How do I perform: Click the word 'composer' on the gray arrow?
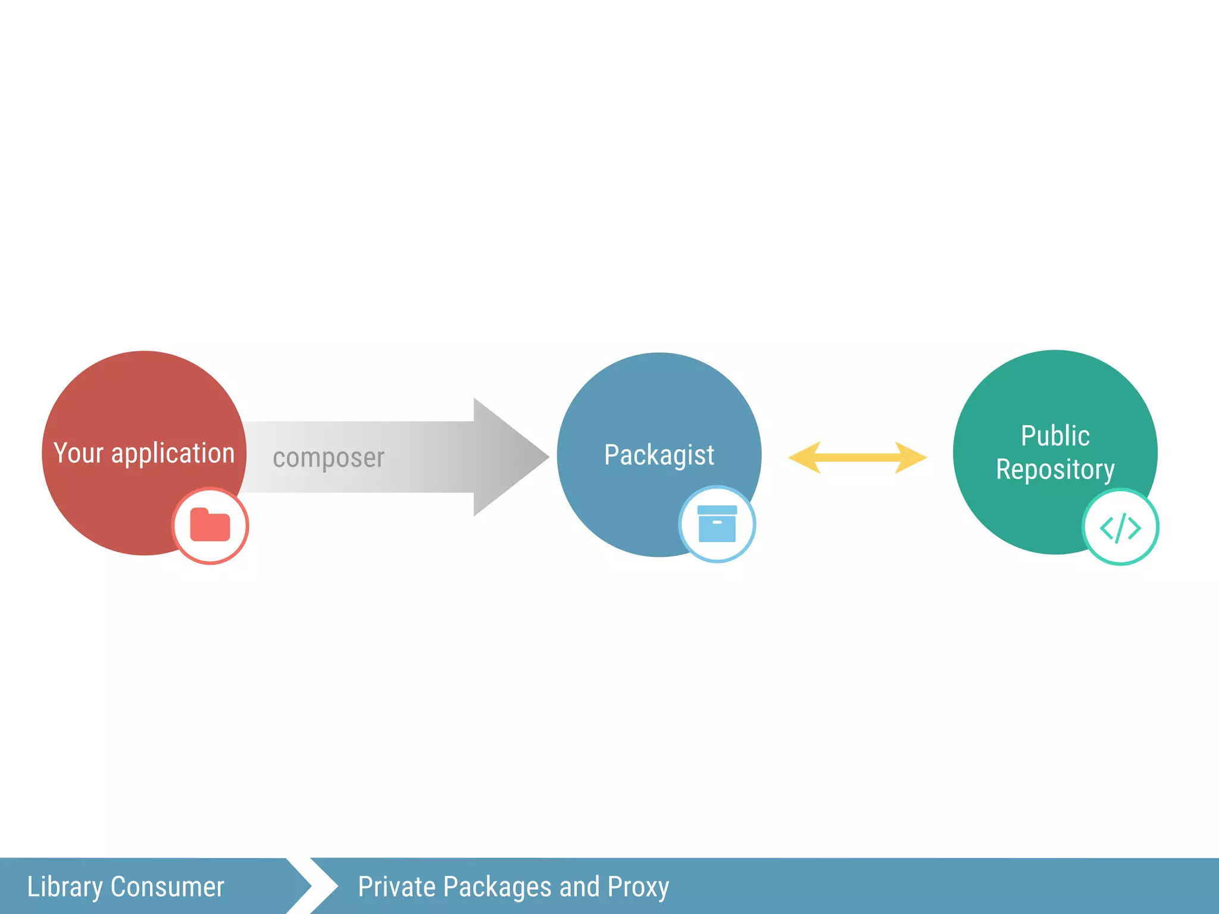coord(329,458)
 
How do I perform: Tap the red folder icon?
coord(210,525)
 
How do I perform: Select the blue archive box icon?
coord(717,524)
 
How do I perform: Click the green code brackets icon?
coord(1120,527)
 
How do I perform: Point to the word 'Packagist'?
coord(659,455)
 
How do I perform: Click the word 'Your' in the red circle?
coord(79,453)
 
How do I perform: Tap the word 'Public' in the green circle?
coord(1055,436)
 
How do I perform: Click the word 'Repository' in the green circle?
coord(1055,470)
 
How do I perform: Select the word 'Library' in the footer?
coord(65,887)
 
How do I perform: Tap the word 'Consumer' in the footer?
coord(167,887)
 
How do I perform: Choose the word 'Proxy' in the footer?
coord(638,887)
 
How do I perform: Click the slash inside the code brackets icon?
coord(1120,528)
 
